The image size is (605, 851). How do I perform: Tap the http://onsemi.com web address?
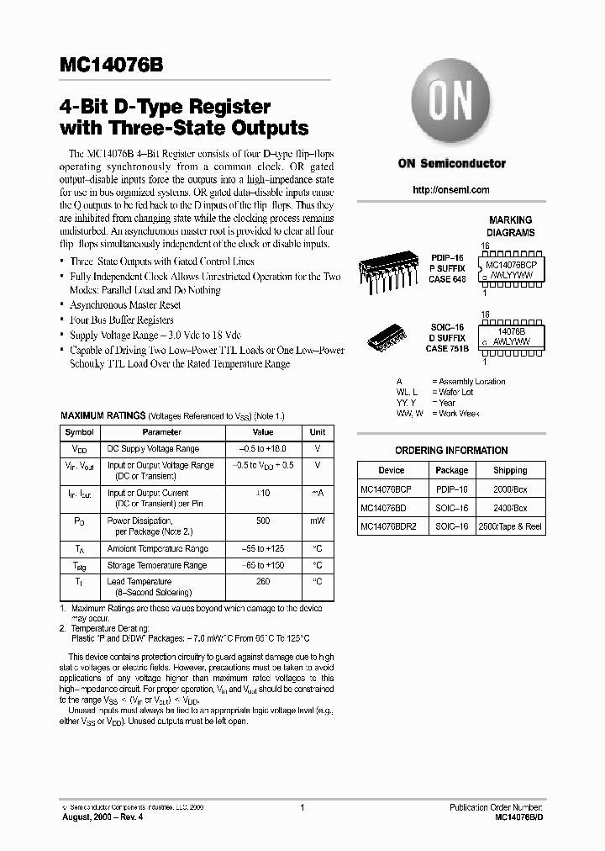(451, 190)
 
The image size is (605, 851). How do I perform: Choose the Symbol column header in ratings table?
(80, 431)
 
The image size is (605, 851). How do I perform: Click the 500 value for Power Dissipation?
(263, 521)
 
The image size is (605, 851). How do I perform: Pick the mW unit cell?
(317, 521)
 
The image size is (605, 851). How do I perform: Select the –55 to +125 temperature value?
(263, 548)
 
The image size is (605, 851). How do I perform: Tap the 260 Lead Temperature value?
(263, 581)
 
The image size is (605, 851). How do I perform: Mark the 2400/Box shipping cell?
(510, 509)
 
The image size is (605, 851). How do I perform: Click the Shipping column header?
(510, 470)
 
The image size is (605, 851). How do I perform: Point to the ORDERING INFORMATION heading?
(451, 450)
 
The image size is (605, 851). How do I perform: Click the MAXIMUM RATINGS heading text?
(102, 416)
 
